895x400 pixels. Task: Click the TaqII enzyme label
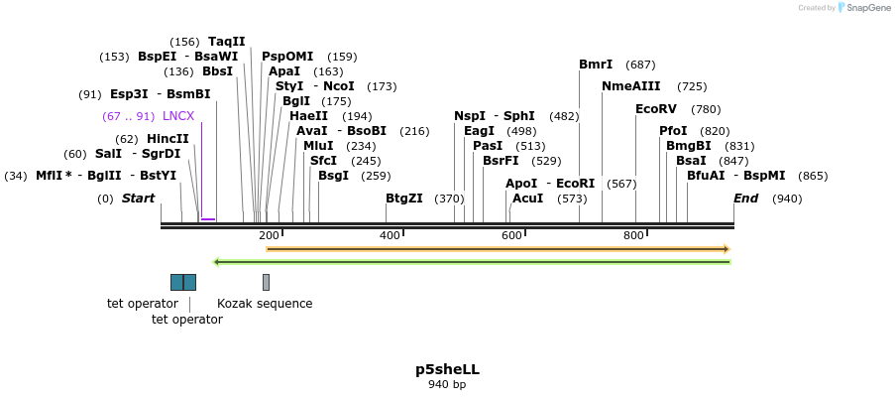coord(226,42)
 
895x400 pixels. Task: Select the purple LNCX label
coord(178,116)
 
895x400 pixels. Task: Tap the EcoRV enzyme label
coord(655,109)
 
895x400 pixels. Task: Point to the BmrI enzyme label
coord(596,65)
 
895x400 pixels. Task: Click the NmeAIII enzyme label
coord(630,86)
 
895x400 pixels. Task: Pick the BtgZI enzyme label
coord(403,199)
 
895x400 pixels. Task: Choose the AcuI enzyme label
coord(527,199)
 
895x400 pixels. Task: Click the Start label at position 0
coord(138,199)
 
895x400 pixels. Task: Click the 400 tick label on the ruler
coord(390,235)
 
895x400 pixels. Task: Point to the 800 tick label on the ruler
coord(633,235)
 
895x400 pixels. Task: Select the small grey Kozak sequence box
coord(266,282)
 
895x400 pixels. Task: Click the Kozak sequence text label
coord(265,304)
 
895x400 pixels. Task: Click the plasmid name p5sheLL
coord(447,369)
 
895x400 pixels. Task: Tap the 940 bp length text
coord(447,385)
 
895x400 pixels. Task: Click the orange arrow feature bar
coord(498,249)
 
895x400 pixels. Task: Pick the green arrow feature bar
coord(472,262)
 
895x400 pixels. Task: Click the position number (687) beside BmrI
coord(640,65)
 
